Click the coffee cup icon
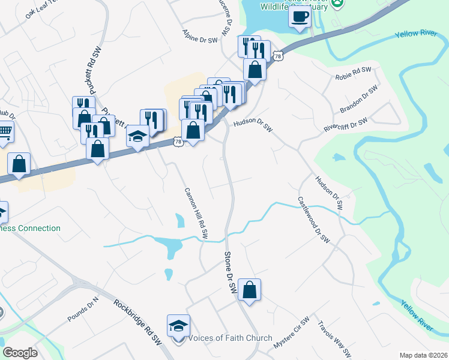(x=300, y=16)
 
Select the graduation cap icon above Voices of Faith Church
(x=178, y=326)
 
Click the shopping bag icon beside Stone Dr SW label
(x=249, y=290)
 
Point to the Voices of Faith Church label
(x=231, y=338)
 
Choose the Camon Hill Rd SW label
(x=196, y=211)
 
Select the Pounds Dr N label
(x=83, y=310)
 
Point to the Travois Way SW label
(x=333, y=338)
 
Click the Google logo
(x=20, y=353)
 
